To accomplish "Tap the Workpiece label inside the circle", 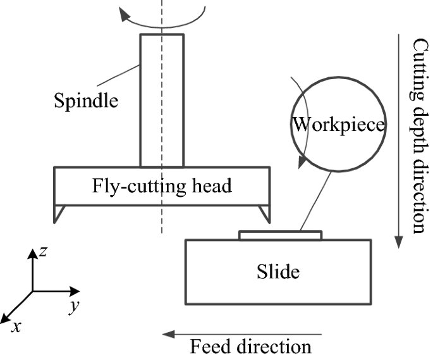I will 338,125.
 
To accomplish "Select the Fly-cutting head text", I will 162,186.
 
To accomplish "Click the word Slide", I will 277,272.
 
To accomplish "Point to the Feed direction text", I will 251,347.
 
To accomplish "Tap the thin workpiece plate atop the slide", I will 280,235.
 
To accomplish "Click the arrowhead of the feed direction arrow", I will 166,333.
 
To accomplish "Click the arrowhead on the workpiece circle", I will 303,163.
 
